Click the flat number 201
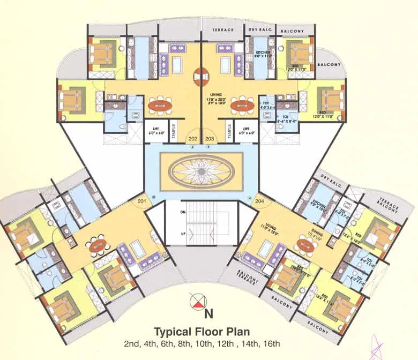click(141, 201)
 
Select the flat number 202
click(193, 139)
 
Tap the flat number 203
click(209, 139)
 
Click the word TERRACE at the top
click(223, 30)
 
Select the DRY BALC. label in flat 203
click(259, 30)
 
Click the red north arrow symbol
click(198, 303)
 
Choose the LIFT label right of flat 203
click(247, 129)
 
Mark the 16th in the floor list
click(272, 343)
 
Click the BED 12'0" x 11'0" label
click(326, 114)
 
